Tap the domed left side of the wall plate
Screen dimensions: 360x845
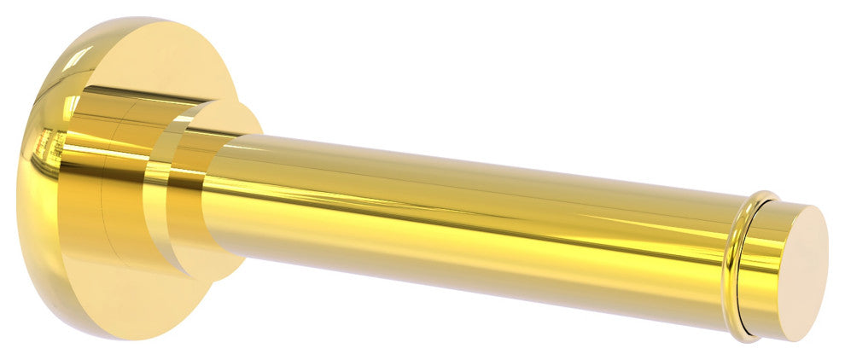pos(34,171)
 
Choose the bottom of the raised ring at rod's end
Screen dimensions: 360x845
pos(741,335)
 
